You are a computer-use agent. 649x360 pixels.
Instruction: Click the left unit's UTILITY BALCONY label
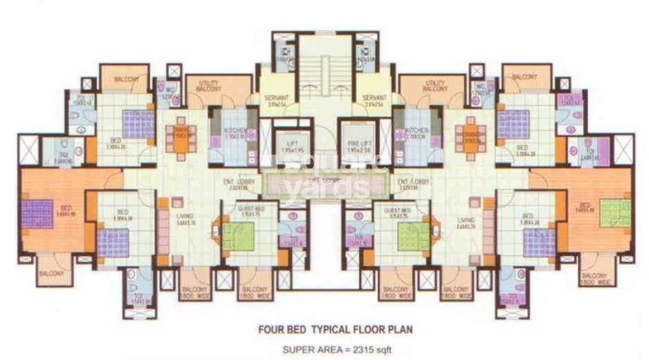point(210,86)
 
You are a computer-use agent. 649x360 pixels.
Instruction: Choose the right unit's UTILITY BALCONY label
point(438,86)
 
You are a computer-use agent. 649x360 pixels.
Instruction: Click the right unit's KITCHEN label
point(415,131)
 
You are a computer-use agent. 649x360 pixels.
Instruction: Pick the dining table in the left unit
point(181,138)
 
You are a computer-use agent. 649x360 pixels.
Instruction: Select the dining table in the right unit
point(468,138)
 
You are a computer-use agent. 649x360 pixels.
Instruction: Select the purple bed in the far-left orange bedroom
point(38,213)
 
